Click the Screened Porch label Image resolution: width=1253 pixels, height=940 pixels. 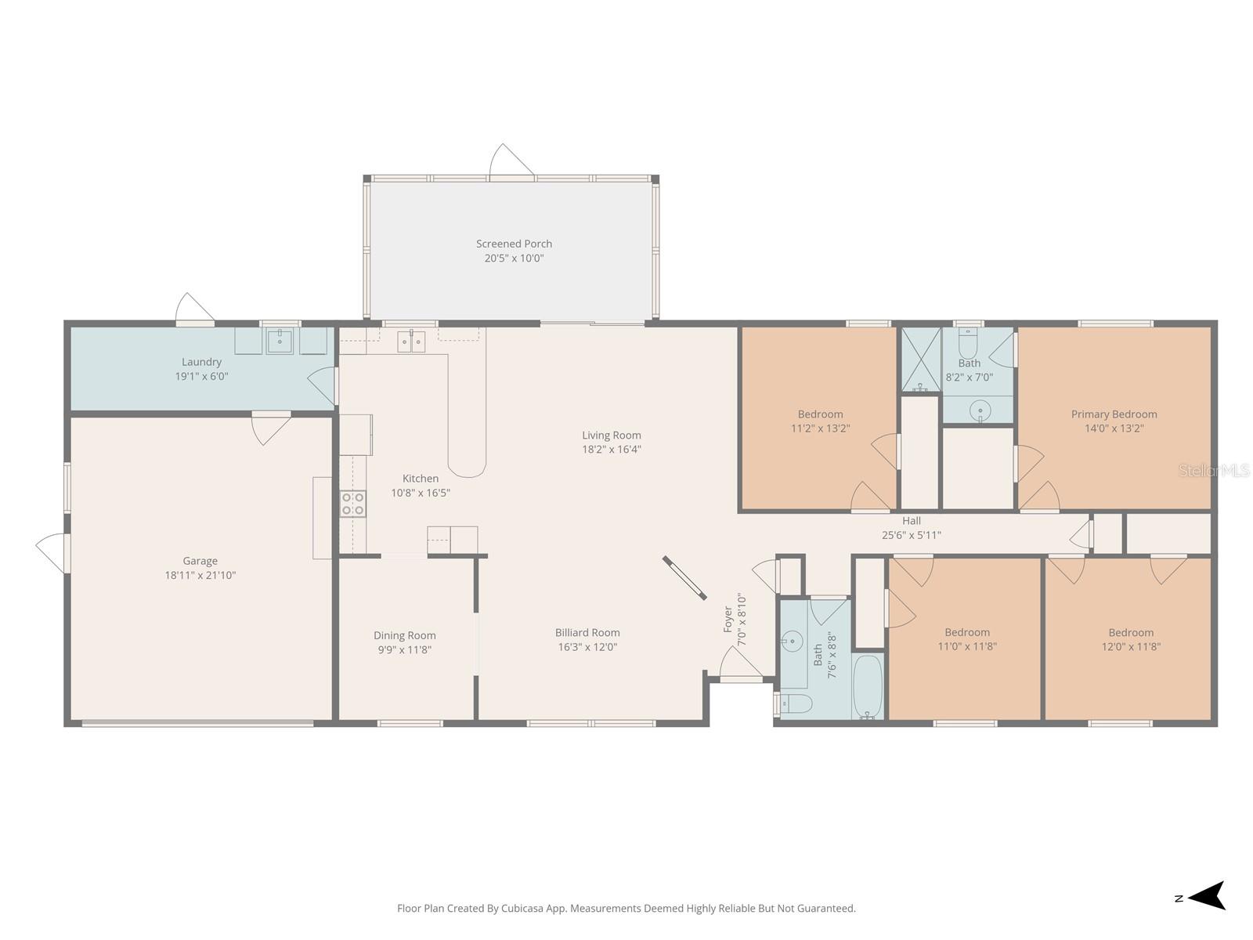pos(514,244)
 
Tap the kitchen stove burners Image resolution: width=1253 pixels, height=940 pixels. pos(352,504)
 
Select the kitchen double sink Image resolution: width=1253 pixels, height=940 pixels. pos(411,342)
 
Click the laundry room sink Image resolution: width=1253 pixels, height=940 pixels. pos(280,341)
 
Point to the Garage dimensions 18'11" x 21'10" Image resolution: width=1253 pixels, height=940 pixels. pos(200,575)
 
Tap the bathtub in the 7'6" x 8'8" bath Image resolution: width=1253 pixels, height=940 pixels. pos(867,688)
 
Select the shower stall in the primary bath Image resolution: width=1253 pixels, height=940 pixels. pos(920,360)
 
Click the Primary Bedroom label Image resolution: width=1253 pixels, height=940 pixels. pos(1114,414)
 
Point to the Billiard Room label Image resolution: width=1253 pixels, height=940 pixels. pos(587,633)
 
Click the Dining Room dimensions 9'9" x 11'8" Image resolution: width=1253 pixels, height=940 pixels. pos(404,649)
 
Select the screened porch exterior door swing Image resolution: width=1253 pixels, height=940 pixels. pos(510,161)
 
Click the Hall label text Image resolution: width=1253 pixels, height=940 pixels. pos(911,521)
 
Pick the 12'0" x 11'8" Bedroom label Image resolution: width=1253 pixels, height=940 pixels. pos(1130,633)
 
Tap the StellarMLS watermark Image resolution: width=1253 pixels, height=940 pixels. pos(1213,470)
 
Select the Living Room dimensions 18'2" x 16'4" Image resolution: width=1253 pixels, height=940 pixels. pos(611,450)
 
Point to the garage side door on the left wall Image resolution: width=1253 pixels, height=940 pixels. pos(53,552)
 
